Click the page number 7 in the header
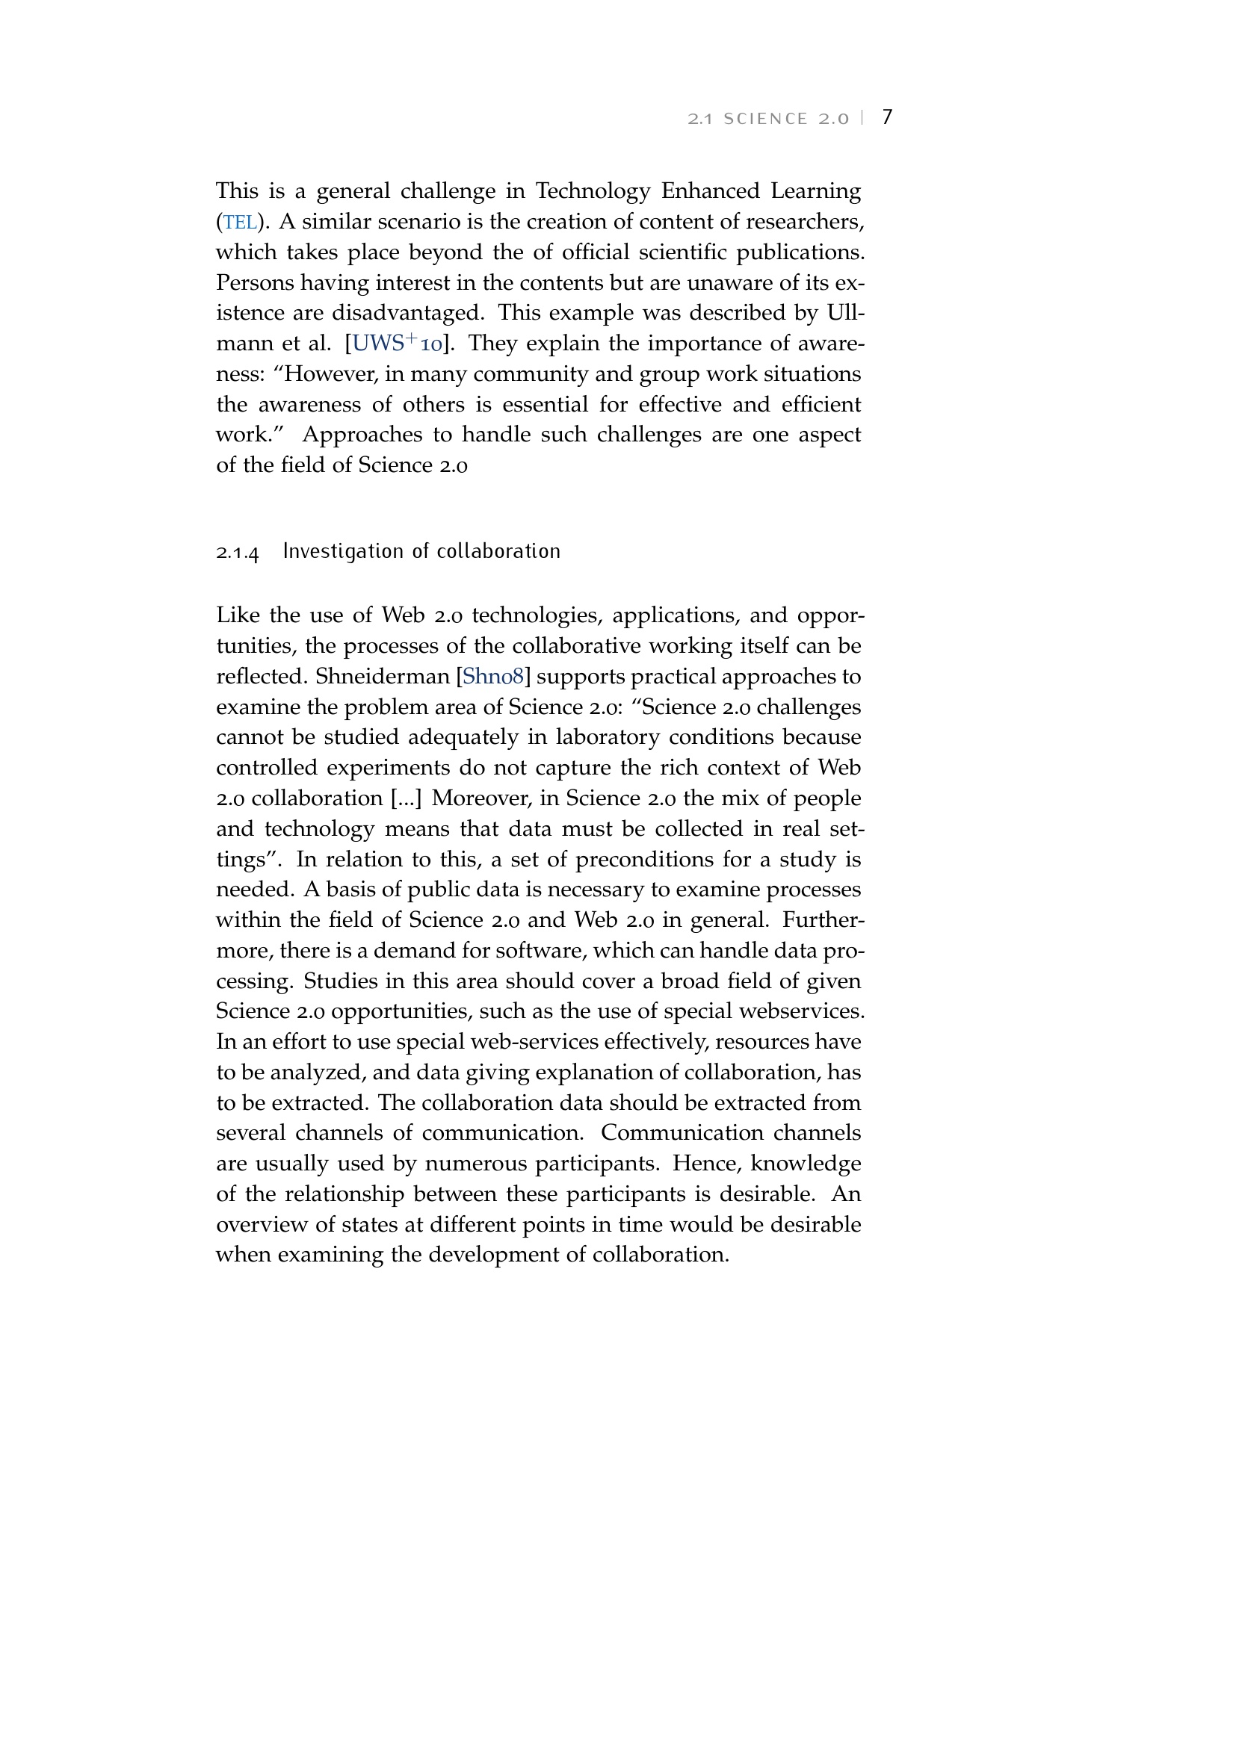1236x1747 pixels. click(x=887, y=117)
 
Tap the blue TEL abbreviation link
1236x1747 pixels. click(x=240, y=222)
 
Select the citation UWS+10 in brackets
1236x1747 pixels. click(x=398, y=343)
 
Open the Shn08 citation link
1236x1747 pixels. click(x=493, y=677)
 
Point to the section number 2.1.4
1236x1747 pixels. click(x=238, y=553)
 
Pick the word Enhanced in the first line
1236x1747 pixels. click(x=710, y=190)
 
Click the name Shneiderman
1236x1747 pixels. click(x=383, y=677)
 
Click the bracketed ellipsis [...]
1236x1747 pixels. click(x=406, y=798)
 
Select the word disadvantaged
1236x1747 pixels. click(x=408, y=313)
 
